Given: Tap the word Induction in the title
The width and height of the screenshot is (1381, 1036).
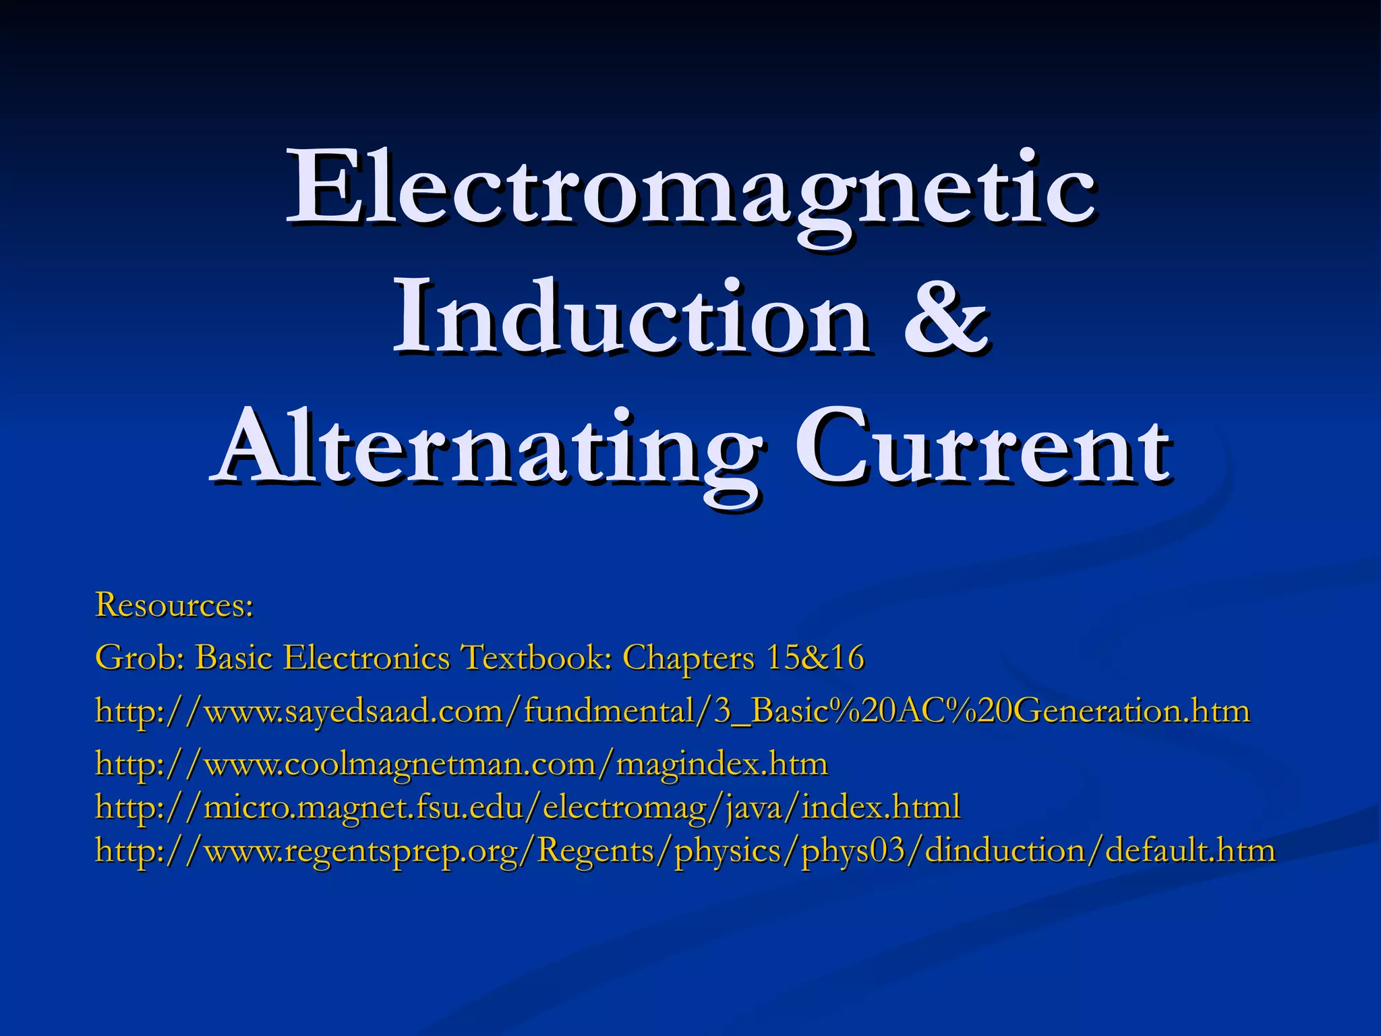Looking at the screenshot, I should [630, 317].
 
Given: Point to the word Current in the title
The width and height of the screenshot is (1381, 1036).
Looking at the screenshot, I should [981, 449].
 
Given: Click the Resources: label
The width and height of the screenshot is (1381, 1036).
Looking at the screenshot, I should [175, 604].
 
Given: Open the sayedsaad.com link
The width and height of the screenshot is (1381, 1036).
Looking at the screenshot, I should [672, 711].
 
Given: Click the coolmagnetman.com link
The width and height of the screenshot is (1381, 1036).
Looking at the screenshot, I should [461, 765].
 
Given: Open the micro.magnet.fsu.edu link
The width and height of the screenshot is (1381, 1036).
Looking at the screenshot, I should [527, 807].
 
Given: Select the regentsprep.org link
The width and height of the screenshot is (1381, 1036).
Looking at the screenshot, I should [685, 851].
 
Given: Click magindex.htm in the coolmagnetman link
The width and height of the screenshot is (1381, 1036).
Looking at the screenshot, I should [722, 765].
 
